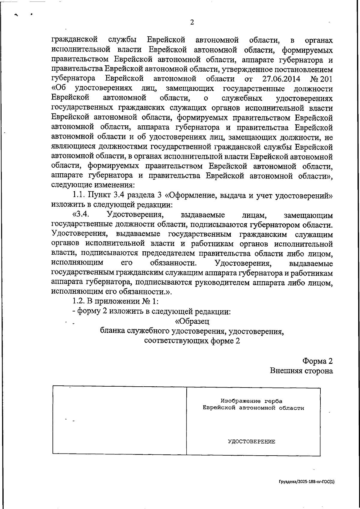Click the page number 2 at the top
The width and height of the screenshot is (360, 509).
point(192,22)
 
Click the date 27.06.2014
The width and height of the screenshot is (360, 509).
point(281,79)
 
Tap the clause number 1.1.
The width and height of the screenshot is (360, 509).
point(79,196)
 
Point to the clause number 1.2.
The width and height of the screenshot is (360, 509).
point(79,301)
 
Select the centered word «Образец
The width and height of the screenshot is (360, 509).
point(192,321)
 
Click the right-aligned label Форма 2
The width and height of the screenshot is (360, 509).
point(317,361)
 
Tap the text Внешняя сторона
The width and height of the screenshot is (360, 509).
point(301,371)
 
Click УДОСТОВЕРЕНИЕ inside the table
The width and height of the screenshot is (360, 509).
point(251,442)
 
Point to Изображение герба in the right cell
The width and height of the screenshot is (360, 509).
point(251,401)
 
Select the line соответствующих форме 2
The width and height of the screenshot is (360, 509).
point(192,341)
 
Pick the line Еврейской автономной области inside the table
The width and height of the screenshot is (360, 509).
point(253,408)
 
